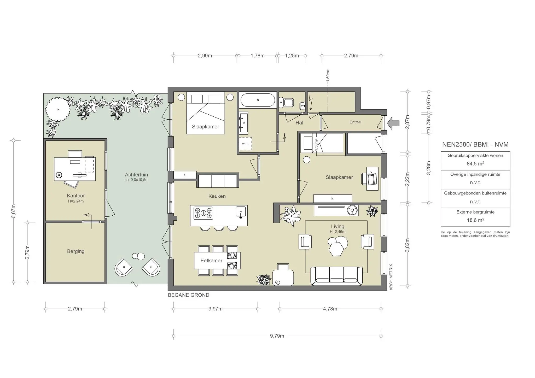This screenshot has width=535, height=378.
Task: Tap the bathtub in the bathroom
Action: (258, 100)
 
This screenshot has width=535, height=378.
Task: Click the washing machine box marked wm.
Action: (245, 144)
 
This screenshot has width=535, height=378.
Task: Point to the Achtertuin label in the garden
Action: (136, 175)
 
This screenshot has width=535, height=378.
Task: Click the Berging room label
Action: (76, 251)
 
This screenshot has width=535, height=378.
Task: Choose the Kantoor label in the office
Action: (76, 196)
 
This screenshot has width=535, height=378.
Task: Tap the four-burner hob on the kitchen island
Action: (203, 213)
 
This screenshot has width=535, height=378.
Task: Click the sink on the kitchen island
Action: (241, 212)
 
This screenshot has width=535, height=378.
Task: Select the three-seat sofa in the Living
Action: (336, 276)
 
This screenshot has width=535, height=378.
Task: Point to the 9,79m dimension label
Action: (277, 336)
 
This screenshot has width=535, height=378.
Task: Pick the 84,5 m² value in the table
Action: (475, 164)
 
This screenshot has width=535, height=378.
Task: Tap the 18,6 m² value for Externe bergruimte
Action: (475, 220)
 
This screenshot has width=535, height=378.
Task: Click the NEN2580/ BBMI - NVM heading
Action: (475, 144)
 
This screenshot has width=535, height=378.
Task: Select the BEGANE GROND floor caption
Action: (189, 295)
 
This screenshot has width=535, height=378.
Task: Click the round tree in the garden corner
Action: (57, 109)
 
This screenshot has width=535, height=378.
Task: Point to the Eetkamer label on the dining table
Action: (211, 261)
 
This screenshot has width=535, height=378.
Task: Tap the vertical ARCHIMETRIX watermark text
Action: (391, 277)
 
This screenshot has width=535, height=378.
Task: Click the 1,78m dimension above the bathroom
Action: (258, 56)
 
